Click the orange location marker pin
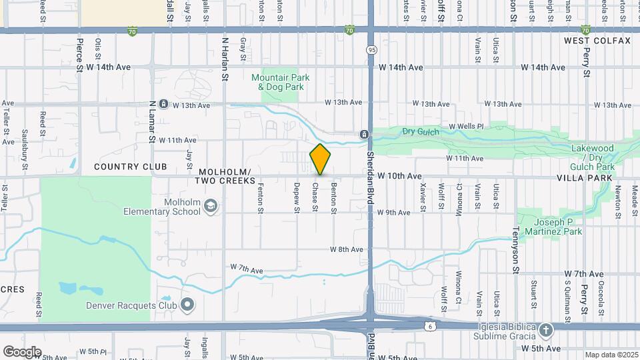coord(320,159)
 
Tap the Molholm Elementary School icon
coord(211,205)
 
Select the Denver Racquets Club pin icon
coord(187,306)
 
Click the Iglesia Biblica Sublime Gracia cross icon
coord(546,330)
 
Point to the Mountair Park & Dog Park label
coord(280,82)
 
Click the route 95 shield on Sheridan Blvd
coord(371,50)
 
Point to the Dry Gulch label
coord(421,132)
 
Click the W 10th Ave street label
coord(399,176)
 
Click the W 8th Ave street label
coord(346,249)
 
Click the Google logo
coord(22,351)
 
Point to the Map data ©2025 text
coord(611,355)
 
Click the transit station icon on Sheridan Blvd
coord(365,134)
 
